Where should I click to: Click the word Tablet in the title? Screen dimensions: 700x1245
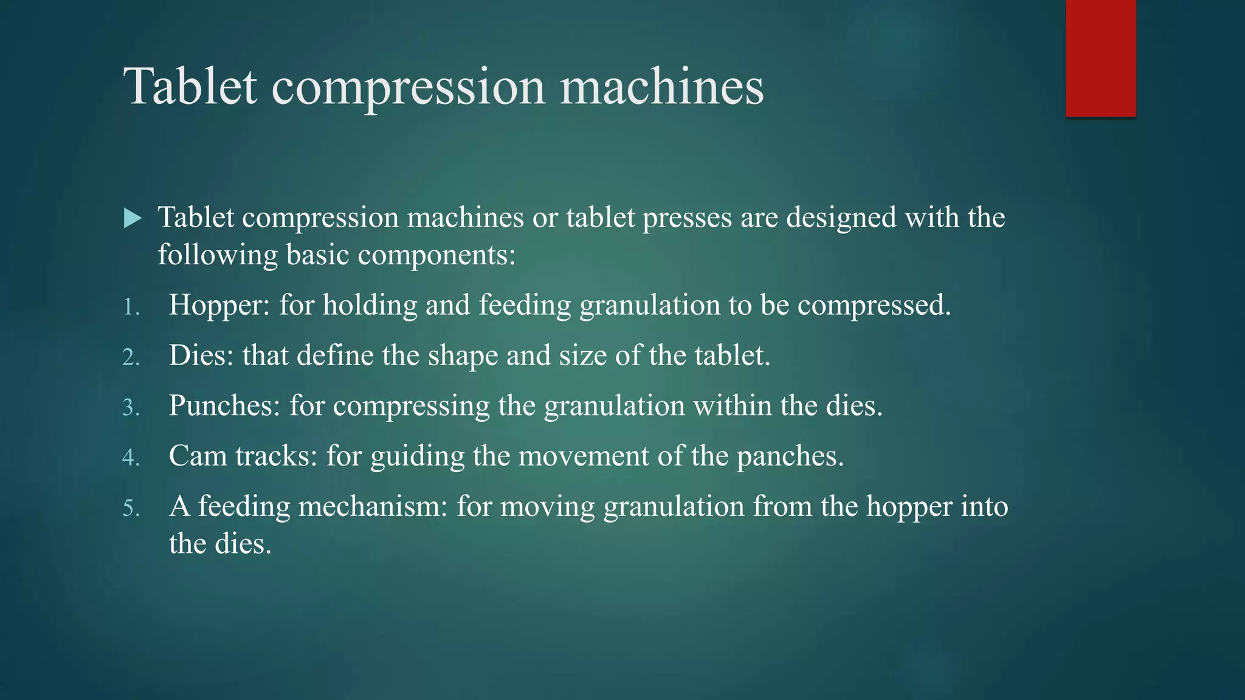point(190,86)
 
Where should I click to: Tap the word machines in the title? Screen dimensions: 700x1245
point(661,86)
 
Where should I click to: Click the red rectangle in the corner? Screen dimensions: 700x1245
point(1100,58)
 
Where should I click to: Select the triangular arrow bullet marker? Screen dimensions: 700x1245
point(133,218)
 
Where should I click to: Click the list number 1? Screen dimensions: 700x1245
point(130,307)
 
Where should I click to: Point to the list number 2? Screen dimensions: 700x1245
point(130,357)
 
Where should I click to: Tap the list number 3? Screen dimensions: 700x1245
point(130,408)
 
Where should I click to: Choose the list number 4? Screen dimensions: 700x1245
point(130,458)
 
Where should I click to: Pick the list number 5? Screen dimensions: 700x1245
point(130,508)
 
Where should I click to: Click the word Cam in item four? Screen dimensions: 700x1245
point(198,456)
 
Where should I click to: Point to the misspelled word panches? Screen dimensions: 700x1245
point(790,456)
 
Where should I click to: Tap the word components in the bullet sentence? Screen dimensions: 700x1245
point(436,255)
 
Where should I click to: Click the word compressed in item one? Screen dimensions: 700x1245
point(874,305)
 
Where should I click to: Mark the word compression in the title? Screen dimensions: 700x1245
point(408,86)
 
